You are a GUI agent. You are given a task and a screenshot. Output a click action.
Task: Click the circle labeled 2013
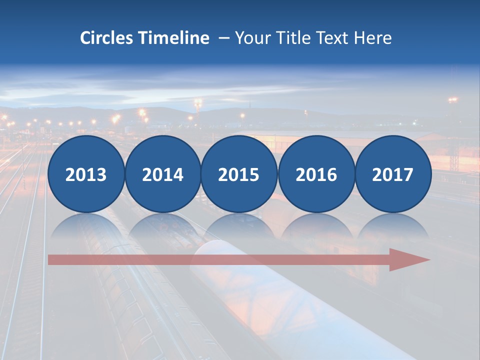[x=86, y=174]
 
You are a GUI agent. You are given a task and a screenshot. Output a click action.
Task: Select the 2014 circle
[x=163, y=174]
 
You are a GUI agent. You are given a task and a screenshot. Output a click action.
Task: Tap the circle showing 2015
[x=239, y=174]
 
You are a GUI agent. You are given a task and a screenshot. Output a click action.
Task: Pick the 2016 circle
[x=316, y=174]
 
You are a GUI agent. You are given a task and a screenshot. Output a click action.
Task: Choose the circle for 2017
[x=393, y=174]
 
